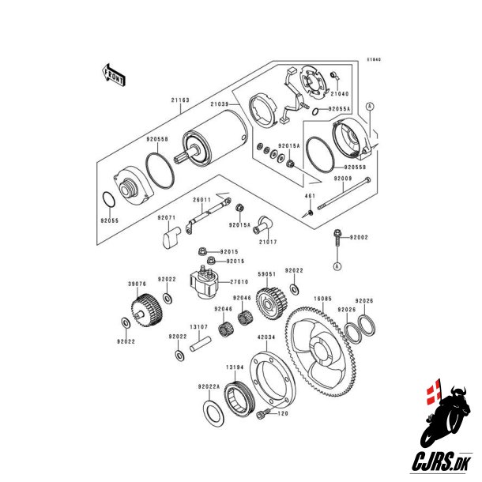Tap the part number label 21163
(x=181, y=100)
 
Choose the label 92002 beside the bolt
(x=360, y=237)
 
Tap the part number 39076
(x=138, y=283)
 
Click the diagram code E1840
(x=373, y=59)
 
